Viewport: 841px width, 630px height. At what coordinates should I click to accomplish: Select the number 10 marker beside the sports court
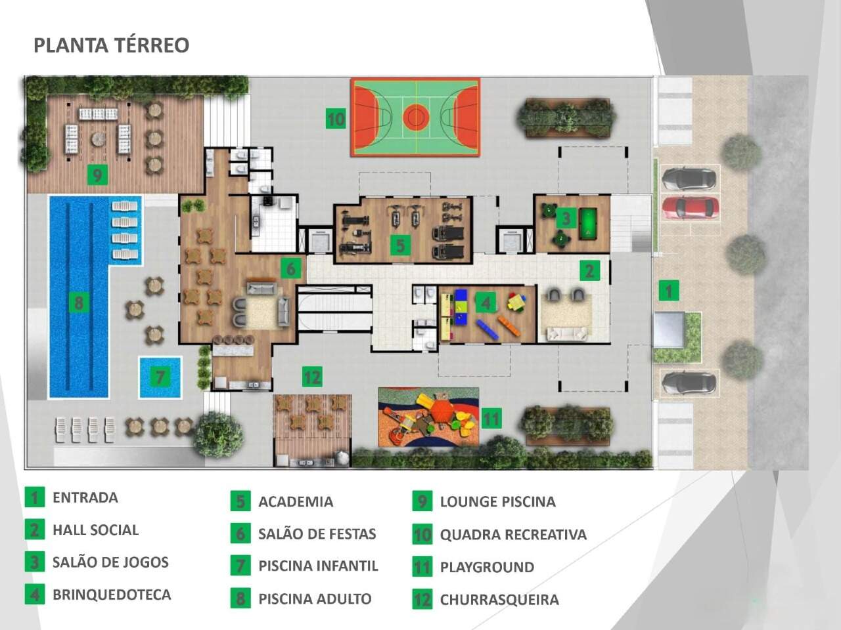[x=336, y=119]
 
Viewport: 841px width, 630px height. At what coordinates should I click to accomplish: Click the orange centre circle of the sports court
[x=415, y=117]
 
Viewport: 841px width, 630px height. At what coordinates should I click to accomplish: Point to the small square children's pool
[x=160, y=377]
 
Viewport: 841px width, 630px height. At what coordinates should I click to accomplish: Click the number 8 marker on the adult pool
[x=79, y=303]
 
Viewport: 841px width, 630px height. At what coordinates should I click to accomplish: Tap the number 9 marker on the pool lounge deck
[x=97, y=175]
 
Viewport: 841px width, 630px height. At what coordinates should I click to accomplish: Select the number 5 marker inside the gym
[x=400, y=245]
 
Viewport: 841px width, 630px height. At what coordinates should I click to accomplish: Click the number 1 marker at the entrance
[x=669, y=290]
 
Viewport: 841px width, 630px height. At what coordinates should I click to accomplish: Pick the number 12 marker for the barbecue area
[x=312, y=377]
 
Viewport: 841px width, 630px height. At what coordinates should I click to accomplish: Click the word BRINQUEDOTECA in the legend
[x=112, y=595]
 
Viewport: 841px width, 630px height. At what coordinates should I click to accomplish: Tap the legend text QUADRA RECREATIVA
[x=513, y=534]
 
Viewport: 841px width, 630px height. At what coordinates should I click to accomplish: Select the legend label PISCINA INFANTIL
[x=319, y=566]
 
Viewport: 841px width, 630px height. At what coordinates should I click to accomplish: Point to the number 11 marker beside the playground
[x=491, y=418]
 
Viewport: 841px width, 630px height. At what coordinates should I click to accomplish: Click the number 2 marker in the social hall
[x=589, y=270]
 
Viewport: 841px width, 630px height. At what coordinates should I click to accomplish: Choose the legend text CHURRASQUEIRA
[x=499, y=600]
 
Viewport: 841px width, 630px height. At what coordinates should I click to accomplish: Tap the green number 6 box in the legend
[x=240, y=534]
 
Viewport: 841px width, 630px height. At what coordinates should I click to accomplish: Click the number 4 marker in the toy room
[x=486, y=303]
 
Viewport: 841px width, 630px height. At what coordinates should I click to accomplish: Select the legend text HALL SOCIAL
[x=96, y=530]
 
